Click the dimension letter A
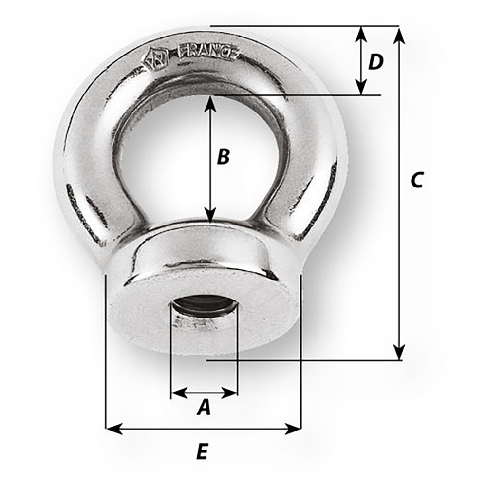coord(204,407)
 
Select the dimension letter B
coord(223,157)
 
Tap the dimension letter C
coord(417,180)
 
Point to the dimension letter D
coord(375,62)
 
